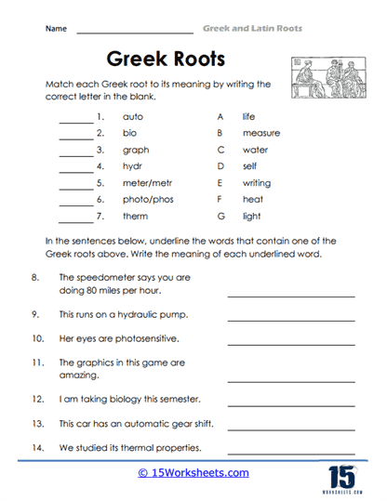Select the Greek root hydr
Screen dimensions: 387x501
pos(132,166)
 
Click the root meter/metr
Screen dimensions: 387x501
pos(147,183)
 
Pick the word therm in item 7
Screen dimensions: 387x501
pos(135,216)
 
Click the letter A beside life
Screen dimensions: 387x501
pos(220,117)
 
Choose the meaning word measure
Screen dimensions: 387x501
pos(260,133)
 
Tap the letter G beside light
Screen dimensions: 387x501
pos(220,216)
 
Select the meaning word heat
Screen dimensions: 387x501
pos(251,199)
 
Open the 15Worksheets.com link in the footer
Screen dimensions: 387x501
pos(193,473)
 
